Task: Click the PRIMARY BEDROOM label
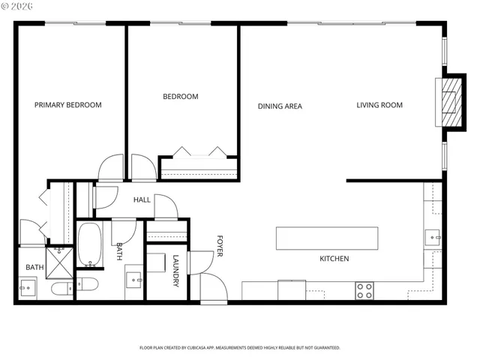click(x=67, y=105)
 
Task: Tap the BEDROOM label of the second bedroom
click(x=181, y=97)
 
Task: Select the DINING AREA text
click(x=280, y=106)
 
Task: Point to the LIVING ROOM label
click(x=379, y=105)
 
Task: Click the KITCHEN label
click(x=334, y=259)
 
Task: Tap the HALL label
click(x=142, y=200)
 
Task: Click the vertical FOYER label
click(x=220, y=245)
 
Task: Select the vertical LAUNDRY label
click(x=175, y=271)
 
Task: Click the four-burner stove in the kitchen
click(x=364, y=291)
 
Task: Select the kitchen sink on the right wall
click(x=433, y=238)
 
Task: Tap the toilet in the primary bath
click(x=60, y=288)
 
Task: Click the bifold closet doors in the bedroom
click(x=199, y=152)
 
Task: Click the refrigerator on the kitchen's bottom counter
click(x=292, y=289)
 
